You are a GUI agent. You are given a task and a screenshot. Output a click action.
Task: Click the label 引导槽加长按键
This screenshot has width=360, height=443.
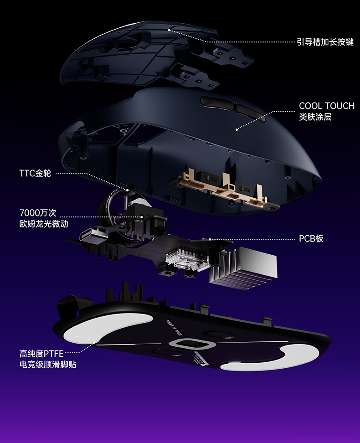click(325, 42)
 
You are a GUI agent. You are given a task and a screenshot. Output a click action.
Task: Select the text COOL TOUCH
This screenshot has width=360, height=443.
click(326, 106)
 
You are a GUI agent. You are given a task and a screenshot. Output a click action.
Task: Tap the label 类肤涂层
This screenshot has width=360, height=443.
click(315, 117)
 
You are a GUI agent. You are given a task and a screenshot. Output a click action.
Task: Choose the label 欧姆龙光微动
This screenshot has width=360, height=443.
click(44, 224)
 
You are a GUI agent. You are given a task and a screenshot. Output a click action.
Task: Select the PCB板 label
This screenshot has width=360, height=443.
click(311, 238)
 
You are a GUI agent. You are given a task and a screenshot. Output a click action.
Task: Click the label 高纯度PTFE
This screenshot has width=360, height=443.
click(41, 353)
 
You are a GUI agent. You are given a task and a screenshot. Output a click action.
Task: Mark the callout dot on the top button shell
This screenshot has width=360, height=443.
click(169, 30)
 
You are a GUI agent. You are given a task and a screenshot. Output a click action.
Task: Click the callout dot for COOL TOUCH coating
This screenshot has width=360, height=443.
click(237, 129)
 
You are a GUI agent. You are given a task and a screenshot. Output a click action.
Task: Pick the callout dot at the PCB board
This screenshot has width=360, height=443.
click(210, 238)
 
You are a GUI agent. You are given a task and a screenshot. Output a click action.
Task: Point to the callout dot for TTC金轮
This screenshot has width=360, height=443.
click(128, 190)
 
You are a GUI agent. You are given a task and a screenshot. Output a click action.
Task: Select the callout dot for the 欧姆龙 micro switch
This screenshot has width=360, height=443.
click(142, 216)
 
